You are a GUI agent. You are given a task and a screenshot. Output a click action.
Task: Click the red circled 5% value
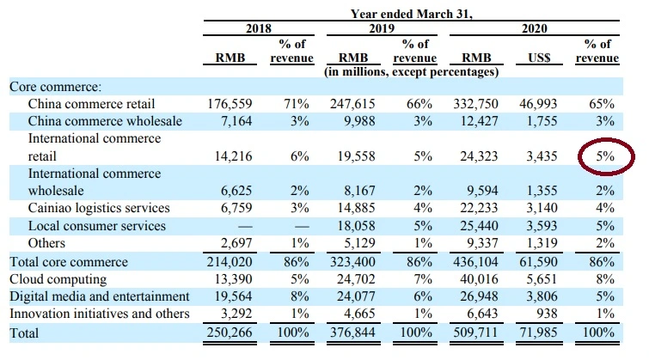[605, 156]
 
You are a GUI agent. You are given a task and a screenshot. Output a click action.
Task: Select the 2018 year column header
[259, 28]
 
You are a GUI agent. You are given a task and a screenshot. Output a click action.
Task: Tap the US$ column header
[539, 58]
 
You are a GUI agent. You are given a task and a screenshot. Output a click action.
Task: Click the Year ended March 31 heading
[412, 14]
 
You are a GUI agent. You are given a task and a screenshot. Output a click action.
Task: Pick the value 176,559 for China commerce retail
[230, 103]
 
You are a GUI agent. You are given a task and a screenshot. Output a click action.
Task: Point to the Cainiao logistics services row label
[99, 208]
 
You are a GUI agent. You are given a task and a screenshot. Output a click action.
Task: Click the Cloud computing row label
[58, 279]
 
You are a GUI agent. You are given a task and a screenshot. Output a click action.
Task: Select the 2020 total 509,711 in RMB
[475, 333]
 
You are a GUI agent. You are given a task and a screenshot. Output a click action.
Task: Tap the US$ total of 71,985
[538, 333]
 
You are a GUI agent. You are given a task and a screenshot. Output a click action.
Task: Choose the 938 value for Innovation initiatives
[547, 314]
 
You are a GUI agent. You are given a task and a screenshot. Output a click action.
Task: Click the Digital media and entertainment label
[100, 296]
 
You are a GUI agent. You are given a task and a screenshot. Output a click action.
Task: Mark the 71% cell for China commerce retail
[297, 103]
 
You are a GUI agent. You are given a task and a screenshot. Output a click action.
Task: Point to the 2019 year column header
[382, 28]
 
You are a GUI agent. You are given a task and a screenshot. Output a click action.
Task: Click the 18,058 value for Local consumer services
[357, 225]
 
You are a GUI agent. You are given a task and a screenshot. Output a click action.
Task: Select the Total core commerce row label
[69, 262]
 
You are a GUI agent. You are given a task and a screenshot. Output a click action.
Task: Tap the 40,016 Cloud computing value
[479, 279]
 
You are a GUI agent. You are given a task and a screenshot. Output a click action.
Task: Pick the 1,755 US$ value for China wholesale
[542, 121]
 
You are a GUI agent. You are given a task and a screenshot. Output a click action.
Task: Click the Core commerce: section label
[56, 87]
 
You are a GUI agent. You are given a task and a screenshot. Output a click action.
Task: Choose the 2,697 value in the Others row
[236, 243]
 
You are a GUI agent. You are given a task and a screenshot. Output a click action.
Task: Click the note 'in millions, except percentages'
[412, 72]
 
